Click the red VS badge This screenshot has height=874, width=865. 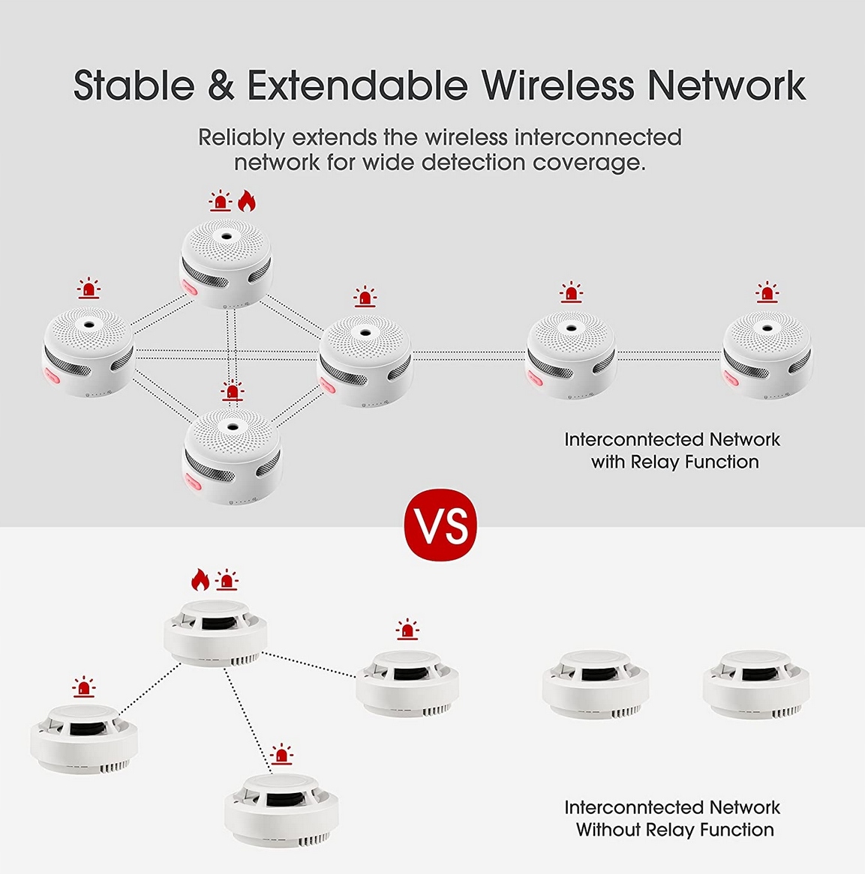pos(440,525)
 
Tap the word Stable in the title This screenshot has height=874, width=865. pos(134,85)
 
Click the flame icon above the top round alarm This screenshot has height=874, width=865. pos(247,201)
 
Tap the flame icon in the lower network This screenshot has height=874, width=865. pos(199,579)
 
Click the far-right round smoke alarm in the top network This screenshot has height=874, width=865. pos(766,353)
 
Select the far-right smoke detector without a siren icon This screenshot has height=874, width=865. pos(755,684)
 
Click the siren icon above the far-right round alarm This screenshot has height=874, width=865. pos(767,292)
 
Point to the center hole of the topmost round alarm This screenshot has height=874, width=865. pos(225,236)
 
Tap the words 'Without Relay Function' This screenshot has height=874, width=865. pos(674,830)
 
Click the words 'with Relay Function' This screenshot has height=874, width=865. pos(674,462)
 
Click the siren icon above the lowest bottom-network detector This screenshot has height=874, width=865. pos(281,755)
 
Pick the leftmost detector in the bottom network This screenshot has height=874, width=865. pos(83,738)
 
